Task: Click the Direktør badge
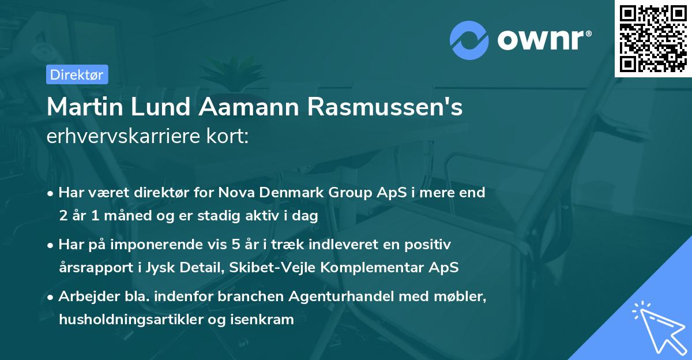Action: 77,74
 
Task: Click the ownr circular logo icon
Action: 469,41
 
